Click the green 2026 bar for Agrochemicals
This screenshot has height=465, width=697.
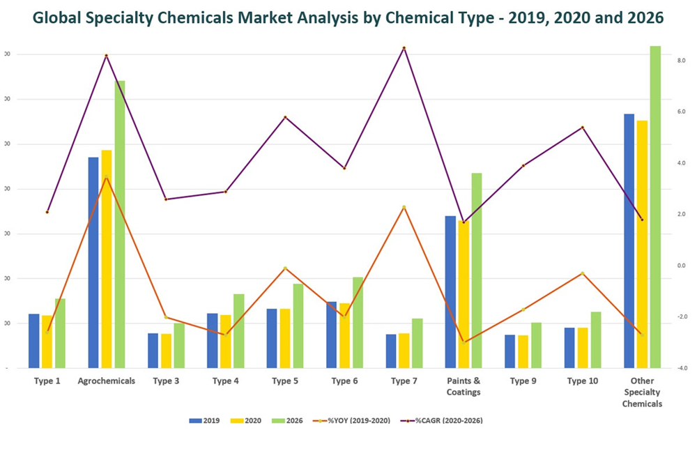pos(120,223)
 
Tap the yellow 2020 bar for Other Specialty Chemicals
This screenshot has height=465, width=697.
pos(642,244)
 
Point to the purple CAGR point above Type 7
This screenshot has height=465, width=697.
pos(403,48)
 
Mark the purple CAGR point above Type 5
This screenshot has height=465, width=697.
pos(284,117)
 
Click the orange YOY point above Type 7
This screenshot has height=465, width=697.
pos(403,207)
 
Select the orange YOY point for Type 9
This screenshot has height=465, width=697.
pos(523,310)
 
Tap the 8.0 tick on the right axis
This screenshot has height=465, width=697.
pos(681,61)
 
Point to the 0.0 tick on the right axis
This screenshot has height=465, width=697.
pos(681,266)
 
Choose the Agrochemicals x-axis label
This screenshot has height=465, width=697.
pos(107,381)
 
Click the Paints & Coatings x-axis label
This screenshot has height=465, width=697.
pos(464,386)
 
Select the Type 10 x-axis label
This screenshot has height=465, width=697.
pos(582,381)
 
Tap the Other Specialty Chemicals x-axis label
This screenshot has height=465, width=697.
pos(642,392)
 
